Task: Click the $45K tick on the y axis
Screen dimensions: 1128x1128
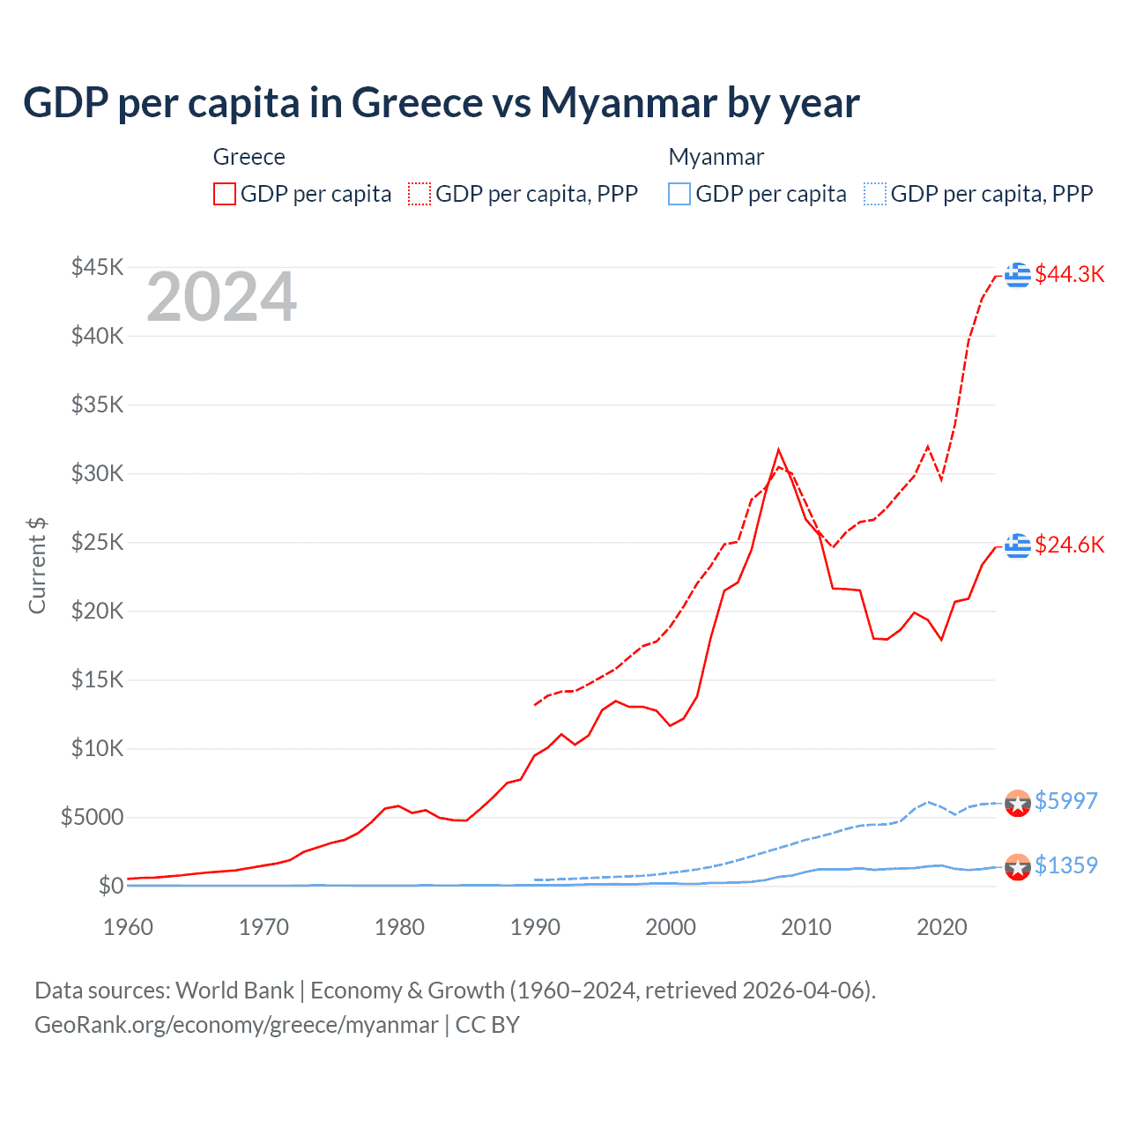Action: pyautogui.click(x=98, y=267)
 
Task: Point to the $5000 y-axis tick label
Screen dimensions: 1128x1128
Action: pyautogui.click(x=92, y=817)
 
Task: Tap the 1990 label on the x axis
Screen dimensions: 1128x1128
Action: pyautogui.click(x=535, y=927)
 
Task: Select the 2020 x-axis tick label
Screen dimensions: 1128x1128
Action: pyautogui.click(x=942, y=927)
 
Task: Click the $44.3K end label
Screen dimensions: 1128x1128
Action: pyautogui.click(x=1069, y=274)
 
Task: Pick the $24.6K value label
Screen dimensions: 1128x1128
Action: pyautogui.click(x=1069, y=545)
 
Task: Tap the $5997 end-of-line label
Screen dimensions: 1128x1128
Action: pyautogui.click(x=1065, y=801)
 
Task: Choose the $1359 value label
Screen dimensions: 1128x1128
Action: pyautogui.click(x=1065, y=865)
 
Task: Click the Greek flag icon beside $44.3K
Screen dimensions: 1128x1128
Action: pyautogui.click(x=1018, y=275)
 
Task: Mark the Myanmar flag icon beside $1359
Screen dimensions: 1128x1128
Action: pyautogui.click(x=1018, y=867)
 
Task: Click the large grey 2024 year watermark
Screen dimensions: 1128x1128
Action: pyautogui.click(x=221, y=298)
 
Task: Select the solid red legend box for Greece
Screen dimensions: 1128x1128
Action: pyautogui.click(x=225, y=194)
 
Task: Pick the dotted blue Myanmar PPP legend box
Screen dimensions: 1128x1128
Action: pyautogui.click(x=875, y=194)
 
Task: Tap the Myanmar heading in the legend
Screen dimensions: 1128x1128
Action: pyautogui.click(x=716, y=157)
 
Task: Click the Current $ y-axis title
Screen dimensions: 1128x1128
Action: pyautogui.click(x=37, y=566)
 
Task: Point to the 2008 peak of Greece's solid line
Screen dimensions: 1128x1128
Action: pyautogui.click(x=778, y=450)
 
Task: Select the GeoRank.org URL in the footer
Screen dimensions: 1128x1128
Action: pyautogui.click(x=236, y=1025)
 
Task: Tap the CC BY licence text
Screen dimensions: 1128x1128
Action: pyautogui.click(x=487, y=1025)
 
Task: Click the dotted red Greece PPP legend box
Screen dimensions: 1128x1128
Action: pyautogui.click(x=419, y=194)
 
